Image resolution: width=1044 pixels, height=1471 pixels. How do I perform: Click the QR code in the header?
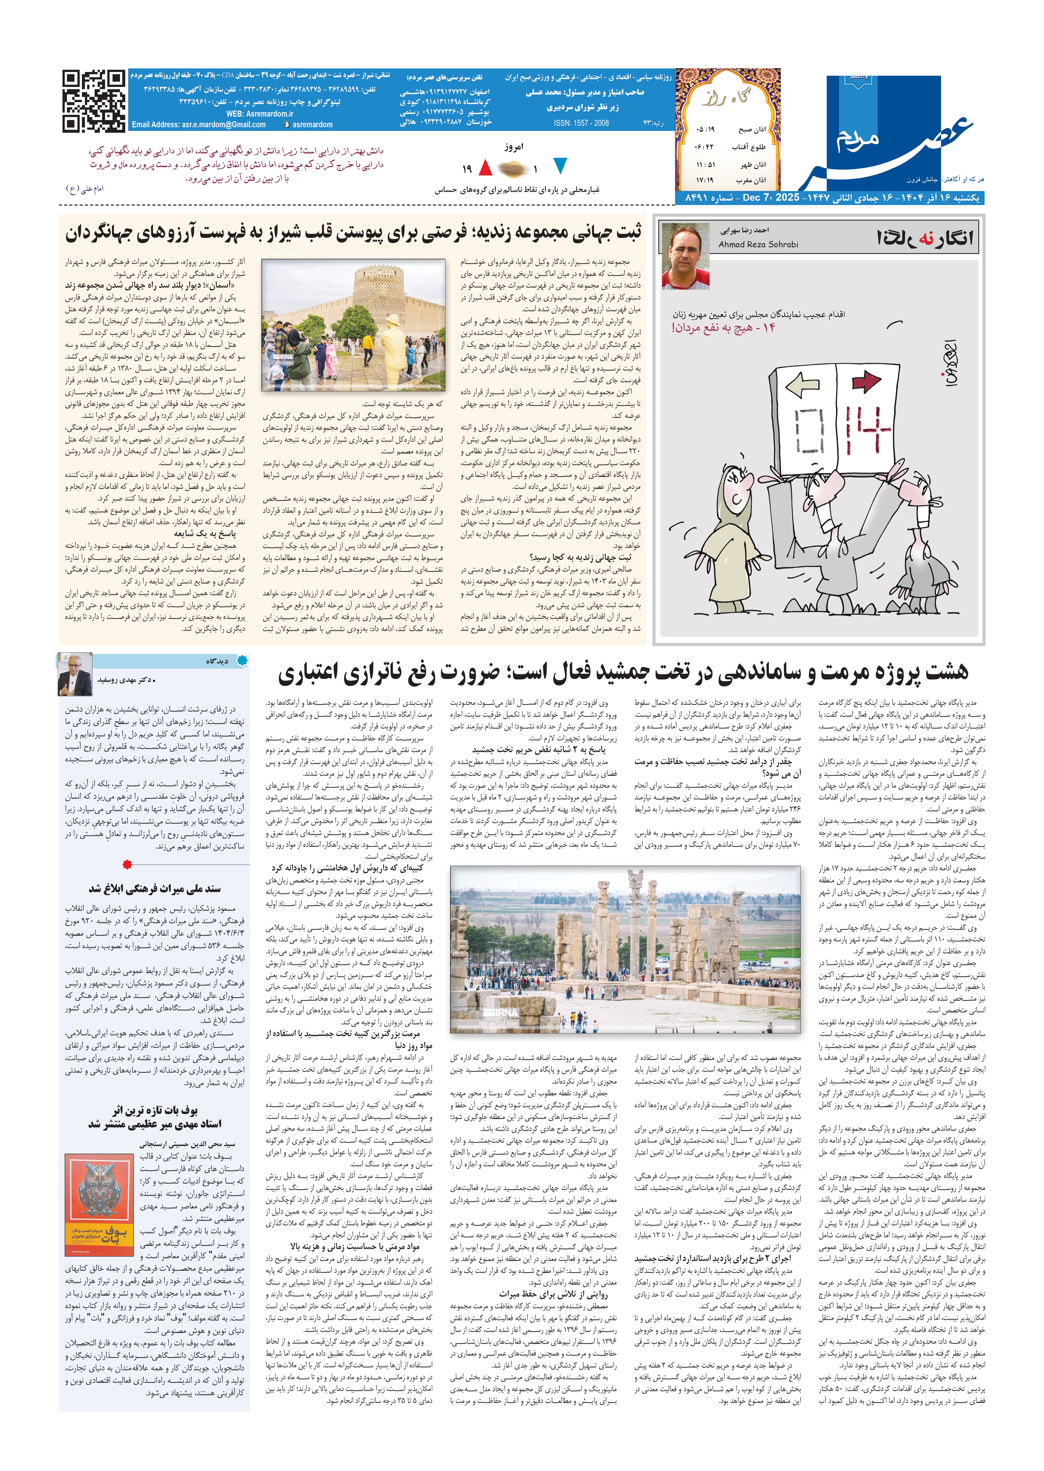coord(94,102)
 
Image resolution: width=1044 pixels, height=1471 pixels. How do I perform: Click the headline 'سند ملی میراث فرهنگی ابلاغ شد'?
coord(154,888)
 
